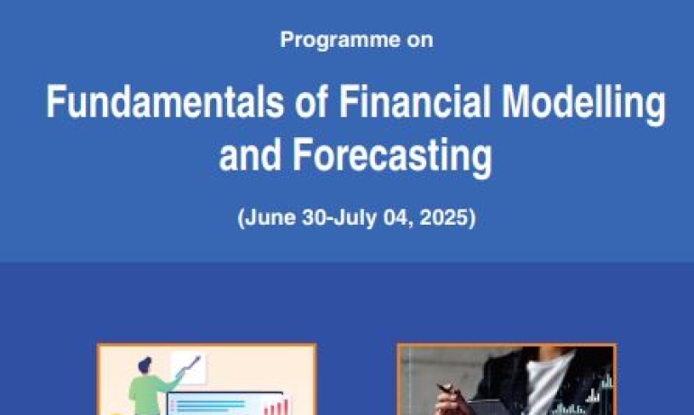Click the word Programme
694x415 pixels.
click(x=341, y=40)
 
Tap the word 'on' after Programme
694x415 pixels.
click(x=420, y=41)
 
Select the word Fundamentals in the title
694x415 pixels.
click(x=165, y=101)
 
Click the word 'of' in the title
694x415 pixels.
click(x=311, y=101)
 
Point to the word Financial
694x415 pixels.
click(x=415, y=101)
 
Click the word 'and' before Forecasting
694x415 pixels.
click(x=250, y=154)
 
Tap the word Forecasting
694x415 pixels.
click(x=392, y=157)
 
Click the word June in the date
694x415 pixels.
click(x=270, y=217)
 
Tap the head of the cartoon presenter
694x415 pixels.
click(x=145, y=365)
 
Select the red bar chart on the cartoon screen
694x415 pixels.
click(x=276, y=407)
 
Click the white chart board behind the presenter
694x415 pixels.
click(x=188, y=367)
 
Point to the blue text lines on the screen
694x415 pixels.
click(x=208, y=406)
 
